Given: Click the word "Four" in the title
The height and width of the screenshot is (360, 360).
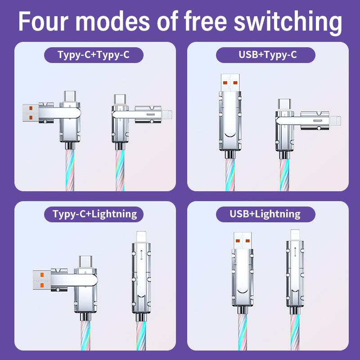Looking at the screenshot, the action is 43,21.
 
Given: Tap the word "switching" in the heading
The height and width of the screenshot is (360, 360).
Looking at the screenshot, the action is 288,22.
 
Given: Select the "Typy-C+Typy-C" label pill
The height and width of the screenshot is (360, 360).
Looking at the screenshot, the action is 94,55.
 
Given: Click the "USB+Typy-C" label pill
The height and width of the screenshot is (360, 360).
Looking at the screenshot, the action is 265,55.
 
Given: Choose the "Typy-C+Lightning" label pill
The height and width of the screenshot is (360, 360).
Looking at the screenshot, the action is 94,214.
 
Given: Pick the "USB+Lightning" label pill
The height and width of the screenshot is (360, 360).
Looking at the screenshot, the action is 265,214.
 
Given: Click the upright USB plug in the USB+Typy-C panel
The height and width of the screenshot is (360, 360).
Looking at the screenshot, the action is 230,82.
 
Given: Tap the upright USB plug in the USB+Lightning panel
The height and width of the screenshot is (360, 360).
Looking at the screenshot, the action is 243,241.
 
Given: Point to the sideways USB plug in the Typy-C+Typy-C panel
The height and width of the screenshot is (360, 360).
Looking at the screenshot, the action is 31,113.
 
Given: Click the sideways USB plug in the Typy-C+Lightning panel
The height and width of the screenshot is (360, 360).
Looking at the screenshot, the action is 41,280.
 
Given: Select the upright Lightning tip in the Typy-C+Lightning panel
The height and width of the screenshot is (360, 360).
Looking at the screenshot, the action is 141,237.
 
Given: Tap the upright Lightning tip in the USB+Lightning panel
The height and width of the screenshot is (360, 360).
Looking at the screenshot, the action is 295,235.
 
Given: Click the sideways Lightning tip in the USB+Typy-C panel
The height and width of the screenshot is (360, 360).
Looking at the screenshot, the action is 335,121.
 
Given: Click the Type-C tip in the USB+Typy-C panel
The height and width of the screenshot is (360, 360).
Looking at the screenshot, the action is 284,105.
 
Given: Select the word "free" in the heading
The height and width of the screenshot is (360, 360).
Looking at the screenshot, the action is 205,21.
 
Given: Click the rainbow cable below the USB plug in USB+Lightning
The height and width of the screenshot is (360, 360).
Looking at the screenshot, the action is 243,332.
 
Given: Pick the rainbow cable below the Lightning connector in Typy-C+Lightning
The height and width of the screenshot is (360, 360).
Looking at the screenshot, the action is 141,336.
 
